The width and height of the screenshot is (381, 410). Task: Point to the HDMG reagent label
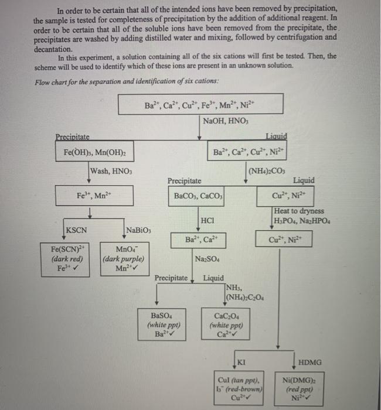click(310, 362)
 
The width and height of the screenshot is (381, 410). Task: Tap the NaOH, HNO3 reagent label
click(226, 121)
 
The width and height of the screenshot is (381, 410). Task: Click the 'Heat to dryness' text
click(299, 211)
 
